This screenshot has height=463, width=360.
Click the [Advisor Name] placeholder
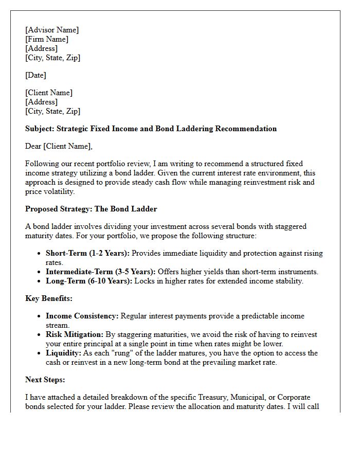pos(52,30)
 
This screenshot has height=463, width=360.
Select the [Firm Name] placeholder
pos(47,39)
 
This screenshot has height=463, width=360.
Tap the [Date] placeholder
pos(35,75)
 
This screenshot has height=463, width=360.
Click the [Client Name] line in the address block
pos(49,93)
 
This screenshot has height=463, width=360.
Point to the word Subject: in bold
pos(40,129)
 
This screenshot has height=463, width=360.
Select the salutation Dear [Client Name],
pos(59,146)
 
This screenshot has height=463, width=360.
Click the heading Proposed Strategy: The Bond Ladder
pos(91,209)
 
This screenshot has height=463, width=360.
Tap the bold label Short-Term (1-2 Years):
pos(87,253)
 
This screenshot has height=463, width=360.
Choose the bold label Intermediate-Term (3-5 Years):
pos(100,272)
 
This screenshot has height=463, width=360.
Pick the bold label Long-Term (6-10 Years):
pos(89,281)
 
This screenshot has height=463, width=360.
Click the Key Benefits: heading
pos(49,298)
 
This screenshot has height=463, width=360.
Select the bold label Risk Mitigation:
pos(75,334)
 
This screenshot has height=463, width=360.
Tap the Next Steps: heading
pos(45,380)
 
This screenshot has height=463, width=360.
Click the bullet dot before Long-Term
pos(40,281)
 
